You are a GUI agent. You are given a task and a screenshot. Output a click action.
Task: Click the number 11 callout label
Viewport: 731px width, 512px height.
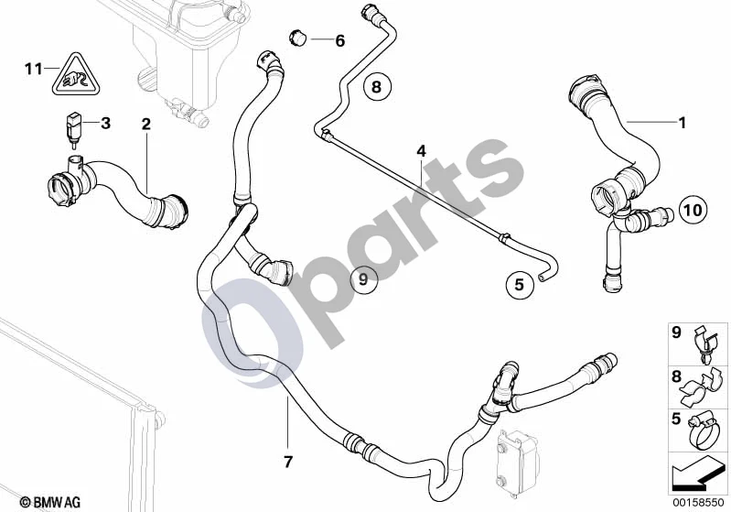[x=34, y=69]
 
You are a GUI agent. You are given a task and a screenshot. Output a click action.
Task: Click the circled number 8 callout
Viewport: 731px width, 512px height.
[x=376, y=86]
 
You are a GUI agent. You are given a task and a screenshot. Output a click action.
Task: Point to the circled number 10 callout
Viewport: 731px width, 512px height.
[x=693, y=210]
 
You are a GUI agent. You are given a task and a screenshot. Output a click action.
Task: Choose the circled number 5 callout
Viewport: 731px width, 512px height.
[x=520, y=284]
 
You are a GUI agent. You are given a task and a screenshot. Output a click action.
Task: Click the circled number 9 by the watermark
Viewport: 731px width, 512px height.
[x=363, y=279]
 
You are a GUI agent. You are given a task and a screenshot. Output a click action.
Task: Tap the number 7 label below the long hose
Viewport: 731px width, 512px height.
[x=288, y=462]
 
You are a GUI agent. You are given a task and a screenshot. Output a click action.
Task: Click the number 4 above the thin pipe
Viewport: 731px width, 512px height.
[x=422, y=151]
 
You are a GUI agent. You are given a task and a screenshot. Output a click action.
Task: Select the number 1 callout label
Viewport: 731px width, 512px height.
[x=683, y=123]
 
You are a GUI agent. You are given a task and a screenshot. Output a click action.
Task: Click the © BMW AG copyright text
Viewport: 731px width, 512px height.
[x=50, y=502]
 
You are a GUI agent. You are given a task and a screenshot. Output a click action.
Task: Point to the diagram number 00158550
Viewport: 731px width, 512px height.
[x=698, y=503]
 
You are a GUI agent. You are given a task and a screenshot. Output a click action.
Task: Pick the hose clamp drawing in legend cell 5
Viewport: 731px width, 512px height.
[x=701, y=430]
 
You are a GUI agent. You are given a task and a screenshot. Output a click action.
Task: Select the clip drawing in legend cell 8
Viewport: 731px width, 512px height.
[x=701, y=387]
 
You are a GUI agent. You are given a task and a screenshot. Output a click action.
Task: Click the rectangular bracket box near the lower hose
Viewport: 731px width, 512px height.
[x=517, y=458]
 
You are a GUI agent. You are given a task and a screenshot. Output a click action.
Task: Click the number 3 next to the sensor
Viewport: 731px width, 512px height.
[x=106, y=124]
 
